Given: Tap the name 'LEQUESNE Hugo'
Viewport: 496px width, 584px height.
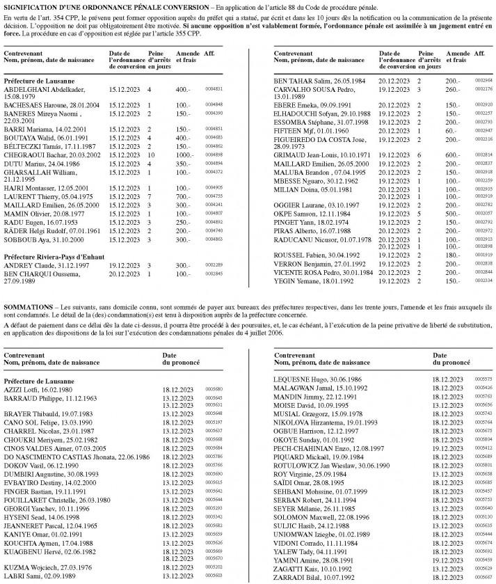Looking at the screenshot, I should click(297, 379).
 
